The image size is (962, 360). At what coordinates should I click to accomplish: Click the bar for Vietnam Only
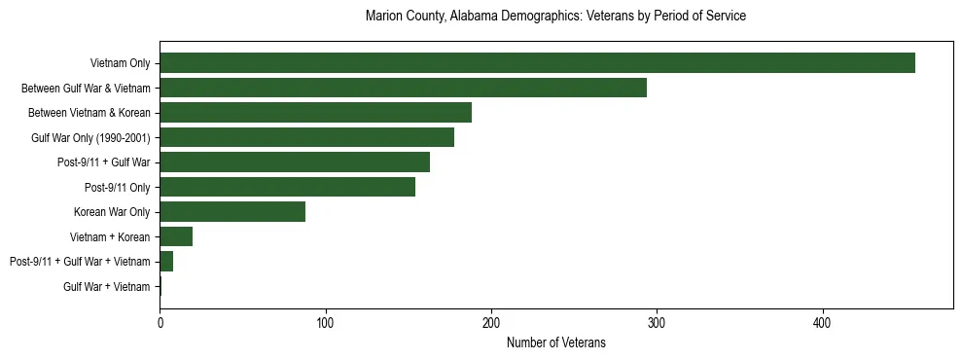tap(537, 63)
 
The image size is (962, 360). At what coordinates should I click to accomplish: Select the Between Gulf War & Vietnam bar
tap(403, 88)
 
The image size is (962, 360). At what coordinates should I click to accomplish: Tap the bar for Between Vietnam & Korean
tap(315, 113)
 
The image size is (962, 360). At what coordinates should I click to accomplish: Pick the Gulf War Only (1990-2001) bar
tap(306, 137)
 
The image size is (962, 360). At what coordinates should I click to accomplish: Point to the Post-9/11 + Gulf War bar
tap(295, 162)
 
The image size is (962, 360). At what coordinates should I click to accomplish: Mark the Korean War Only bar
tap(232, 212)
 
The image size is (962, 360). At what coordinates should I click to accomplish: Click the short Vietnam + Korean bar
tap(176, 236)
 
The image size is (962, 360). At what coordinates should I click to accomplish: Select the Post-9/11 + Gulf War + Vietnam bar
tap(166, 262)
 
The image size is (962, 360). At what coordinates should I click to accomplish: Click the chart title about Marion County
tap(555, 17)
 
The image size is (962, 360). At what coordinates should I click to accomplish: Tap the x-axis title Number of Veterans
tap(555, 342)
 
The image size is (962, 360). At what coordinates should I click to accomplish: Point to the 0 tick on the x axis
tap(160, 322)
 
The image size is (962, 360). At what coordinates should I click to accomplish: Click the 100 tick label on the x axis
tap(326, 322)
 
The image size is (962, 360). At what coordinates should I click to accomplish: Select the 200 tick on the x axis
tap(491, 322)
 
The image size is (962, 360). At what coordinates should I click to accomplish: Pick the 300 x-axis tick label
tap(657, 322)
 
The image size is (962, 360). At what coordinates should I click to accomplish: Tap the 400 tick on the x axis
tap(823, 322)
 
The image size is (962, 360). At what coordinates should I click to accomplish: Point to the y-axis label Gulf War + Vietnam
tap(106, 286)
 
